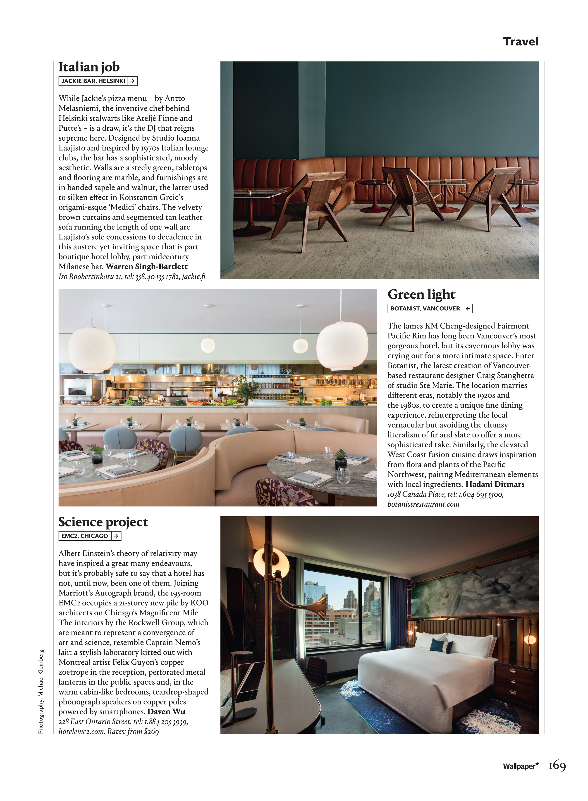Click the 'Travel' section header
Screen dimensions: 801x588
(520, 42)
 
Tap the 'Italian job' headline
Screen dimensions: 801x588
(89, 67)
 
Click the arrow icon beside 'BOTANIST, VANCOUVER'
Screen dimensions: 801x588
(468, 309)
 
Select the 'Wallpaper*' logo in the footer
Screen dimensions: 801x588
(520, 766)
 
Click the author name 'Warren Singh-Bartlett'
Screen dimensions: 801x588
(147, 266)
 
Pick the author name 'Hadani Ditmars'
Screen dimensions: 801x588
(495, 484)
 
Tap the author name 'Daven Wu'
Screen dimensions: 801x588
(166, 711)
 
